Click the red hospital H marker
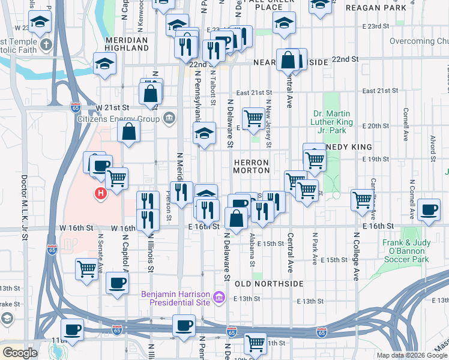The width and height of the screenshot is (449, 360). pyautogui.click(x=101, y=193)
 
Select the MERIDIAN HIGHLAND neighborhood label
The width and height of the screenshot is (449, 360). pyautogui.click(x=126, y=44)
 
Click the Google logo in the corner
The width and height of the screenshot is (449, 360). pyautogui.click(x=19, y=353)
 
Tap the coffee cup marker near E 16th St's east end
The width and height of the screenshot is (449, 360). pyautogui.click(x=429, y=210)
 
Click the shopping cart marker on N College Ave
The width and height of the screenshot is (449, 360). pyautogui.click(x=363, y=200)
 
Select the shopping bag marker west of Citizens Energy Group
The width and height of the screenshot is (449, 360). pyautogui.click(x=128, y=133)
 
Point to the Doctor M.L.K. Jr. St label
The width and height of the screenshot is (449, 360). pyautogui.click(x=25, y=207)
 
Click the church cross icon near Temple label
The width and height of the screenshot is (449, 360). pyautogui.click(x=47, y=44)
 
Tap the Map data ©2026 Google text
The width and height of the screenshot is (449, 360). pyautogui.click(x=412, y=355)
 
